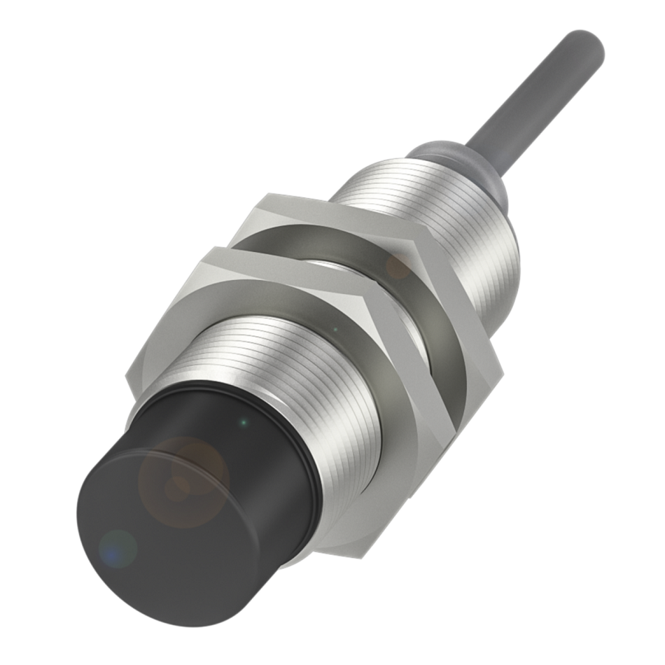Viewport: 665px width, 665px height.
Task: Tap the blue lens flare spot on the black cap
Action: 118,548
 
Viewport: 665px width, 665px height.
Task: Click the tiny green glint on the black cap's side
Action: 245,423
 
